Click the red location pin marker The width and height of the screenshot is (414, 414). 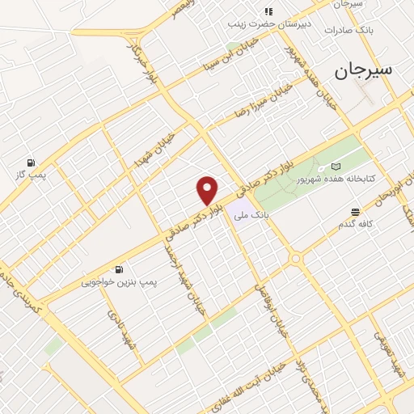[x=208, y=190]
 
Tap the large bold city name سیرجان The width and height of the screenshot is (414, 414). [x=363, y=70]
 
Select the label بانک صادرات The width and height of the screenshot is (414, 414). [x=347, y=30]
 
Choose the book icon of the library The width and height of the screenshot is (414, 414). [x=336, y=167]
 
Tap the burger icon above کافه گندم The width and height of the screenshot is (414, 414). [x=355, y=212]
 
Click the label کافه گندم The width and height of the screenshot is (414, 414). [x=356, y=224]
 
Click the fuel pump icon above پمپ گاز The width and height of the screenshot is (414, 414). [x=31, y=163]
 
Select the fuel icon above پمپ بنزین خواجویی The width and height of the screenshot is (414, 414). [x=120, y=269]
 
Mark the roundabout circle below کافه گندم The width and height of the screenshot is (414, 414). [x=296, y=259]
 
